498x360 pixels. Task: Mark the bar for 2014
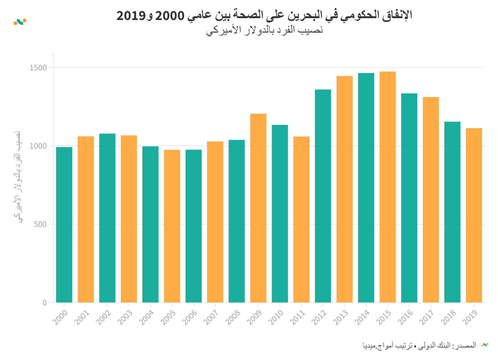pos(366,188)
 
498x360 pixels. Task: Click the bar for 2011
pos(301,219)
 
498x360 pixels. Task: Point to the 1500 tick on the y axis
pos(38,68)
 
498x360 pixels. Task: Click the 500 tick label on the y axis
pos(40,224)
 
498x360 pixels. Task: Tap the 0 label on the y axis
pos(44,303)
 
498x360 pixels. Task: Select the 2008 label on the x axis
pos(233,317)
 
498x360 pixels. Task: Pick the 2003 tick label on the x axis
pos(125,317)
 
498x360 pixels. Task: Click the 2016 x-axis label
pos(405,317)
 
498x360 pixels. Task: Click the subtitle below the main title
pos(264,30)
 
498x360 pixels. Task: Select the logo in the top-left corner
pos(20,22)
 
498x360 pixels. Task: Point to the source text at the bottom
pos(419,345)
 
